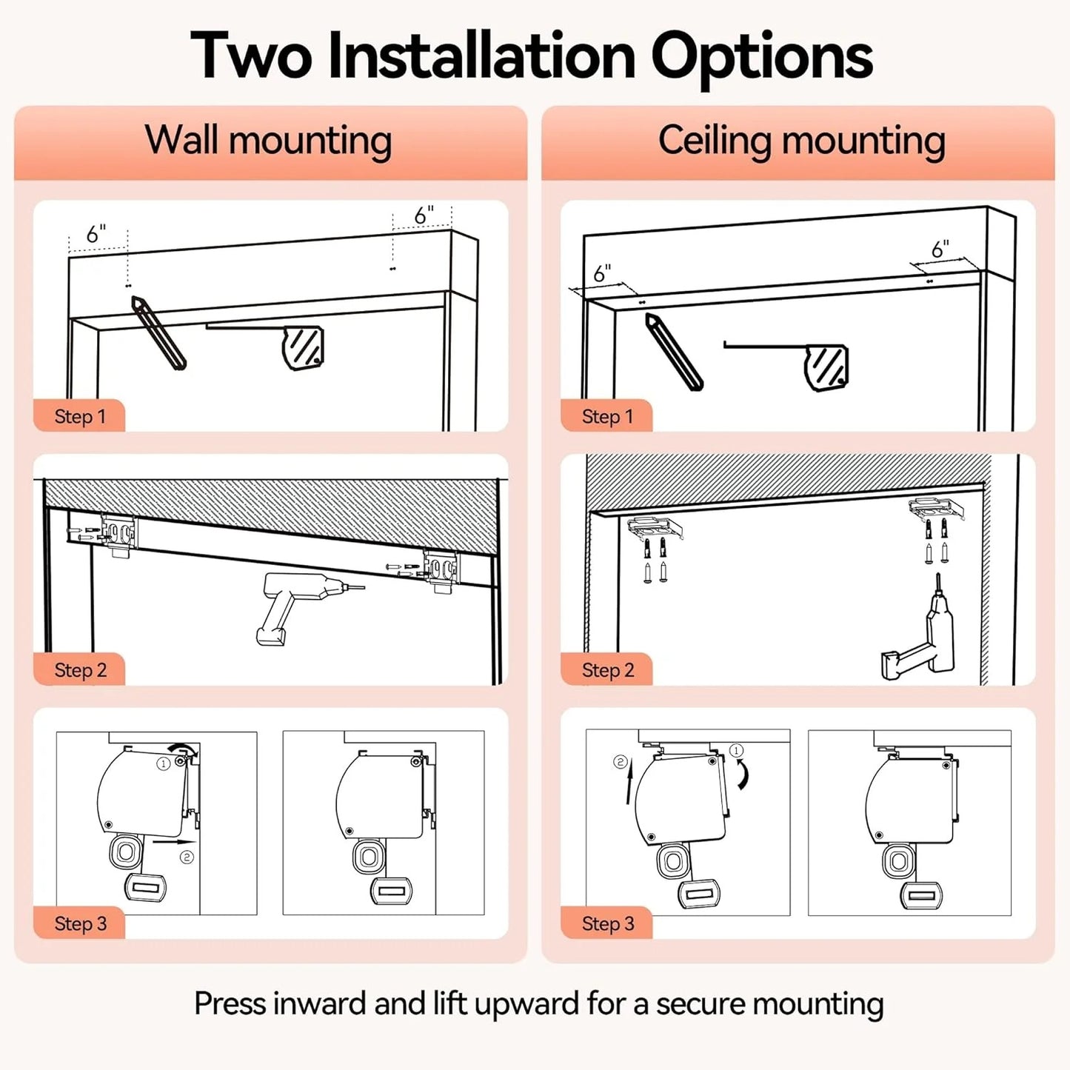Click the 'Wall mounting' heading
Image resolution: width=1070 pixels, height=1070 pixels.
tap(268, 141)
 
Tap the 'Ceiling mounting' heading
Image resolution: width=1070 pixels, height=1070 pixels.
tap(801, 141)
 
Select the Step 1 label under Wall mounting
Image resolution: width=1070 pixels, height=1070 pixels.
tap(80, 416)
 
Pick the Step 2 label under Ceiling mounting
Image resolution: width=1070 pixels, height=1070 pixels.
tap(607, 670)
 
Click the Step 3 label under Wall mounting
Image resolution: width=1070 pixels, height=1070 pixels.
tap(80, 924)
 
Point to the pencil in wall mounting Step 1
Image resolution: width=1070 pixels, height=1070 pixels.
tap(158, 332)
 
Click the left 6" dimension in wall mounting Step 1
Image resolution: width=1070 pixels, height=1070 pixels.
tap(96, 234)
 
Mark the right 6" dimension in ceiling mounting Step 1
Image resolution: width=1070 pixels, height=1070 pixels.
tap(940, 250)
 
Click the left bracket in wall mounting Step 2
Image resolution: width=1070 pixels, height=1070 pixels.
tap(118, 535)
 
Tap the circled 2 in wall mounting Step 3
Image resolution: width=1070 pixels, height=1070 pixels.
tap(187, 857)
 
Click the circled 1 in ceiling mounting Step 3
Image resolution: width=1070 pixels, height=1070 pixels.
tap(736, 751)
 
